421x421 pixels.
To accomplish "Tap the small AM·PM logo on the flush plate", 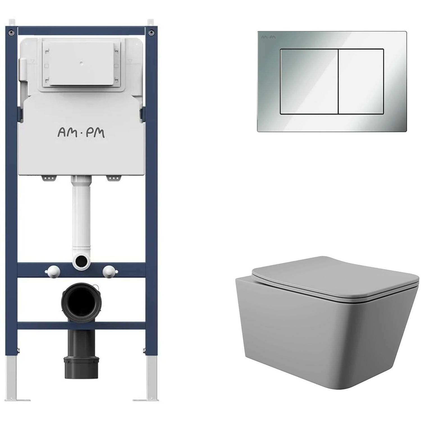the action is pos(267,37).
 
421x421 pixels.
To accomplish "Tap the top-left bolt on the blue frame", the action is pos(12,32).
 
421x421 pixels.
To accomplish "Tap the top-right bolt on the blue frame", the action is pos(151,32).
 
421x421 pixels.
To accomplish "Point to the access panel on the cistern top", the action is pos(81,65).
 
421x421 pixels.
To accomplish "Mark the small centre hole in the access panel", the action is pos(81,63).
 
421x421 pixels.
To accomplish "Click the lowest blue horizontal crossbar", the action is pos(81,325).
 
